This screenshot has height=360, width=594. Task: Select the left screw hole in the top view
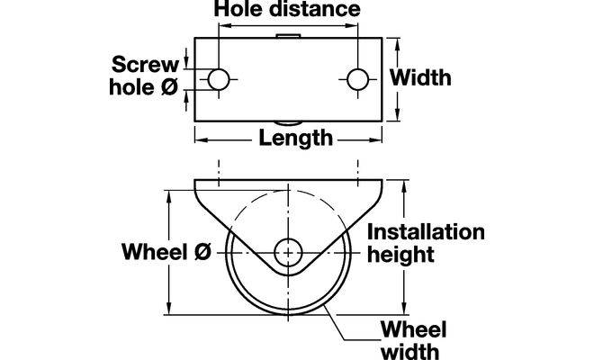pyautogui.click(x=219, y=79)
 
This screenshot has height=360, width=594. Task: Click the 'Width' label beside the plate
pyautogui.click(x=421, y=78)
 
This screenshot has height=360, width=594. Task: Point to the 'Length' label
pyautogui.click(x=294, y=139)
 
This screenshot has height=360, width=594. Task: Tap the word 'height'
pyautogui.click(x=402, y=255)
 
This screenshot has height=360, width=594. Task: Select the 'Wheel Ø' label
pyautogui.click(x=166, y=253)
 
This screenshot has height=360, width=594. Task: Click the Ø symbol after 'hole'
pyautogui.click(x=168, y=87)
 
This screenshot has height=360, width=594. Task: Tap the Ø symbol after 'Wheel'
pyautogui.click(x=202, y=253)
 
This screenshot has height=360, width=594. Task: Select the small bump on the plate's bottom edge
pyautogui.click(x=288, y=123)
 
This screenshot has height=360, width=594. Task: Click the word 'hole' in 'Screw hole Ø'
pyautogui.click(x=131, y=87)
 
